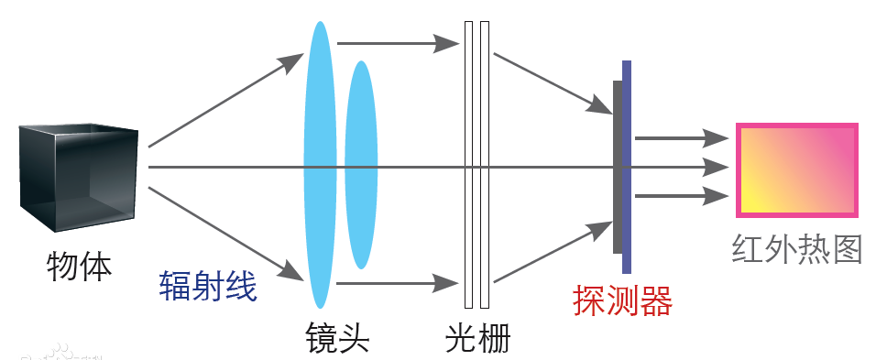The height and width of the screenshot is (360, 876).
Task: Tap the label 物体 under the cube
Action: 79,267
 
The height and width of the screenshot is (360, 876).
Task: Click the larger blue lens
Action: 319,165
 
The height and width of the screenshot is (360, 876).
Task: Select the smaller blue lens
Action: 361,165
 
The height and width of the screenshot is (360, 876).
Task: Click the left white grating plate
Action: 468,165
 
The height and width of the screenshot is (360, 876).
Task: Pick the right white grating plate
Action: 485,165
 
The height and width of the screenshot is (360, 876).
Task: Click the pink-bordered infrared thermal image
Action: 797,170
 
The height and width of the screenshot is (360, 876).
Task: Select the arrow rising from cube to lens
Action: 224,100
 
